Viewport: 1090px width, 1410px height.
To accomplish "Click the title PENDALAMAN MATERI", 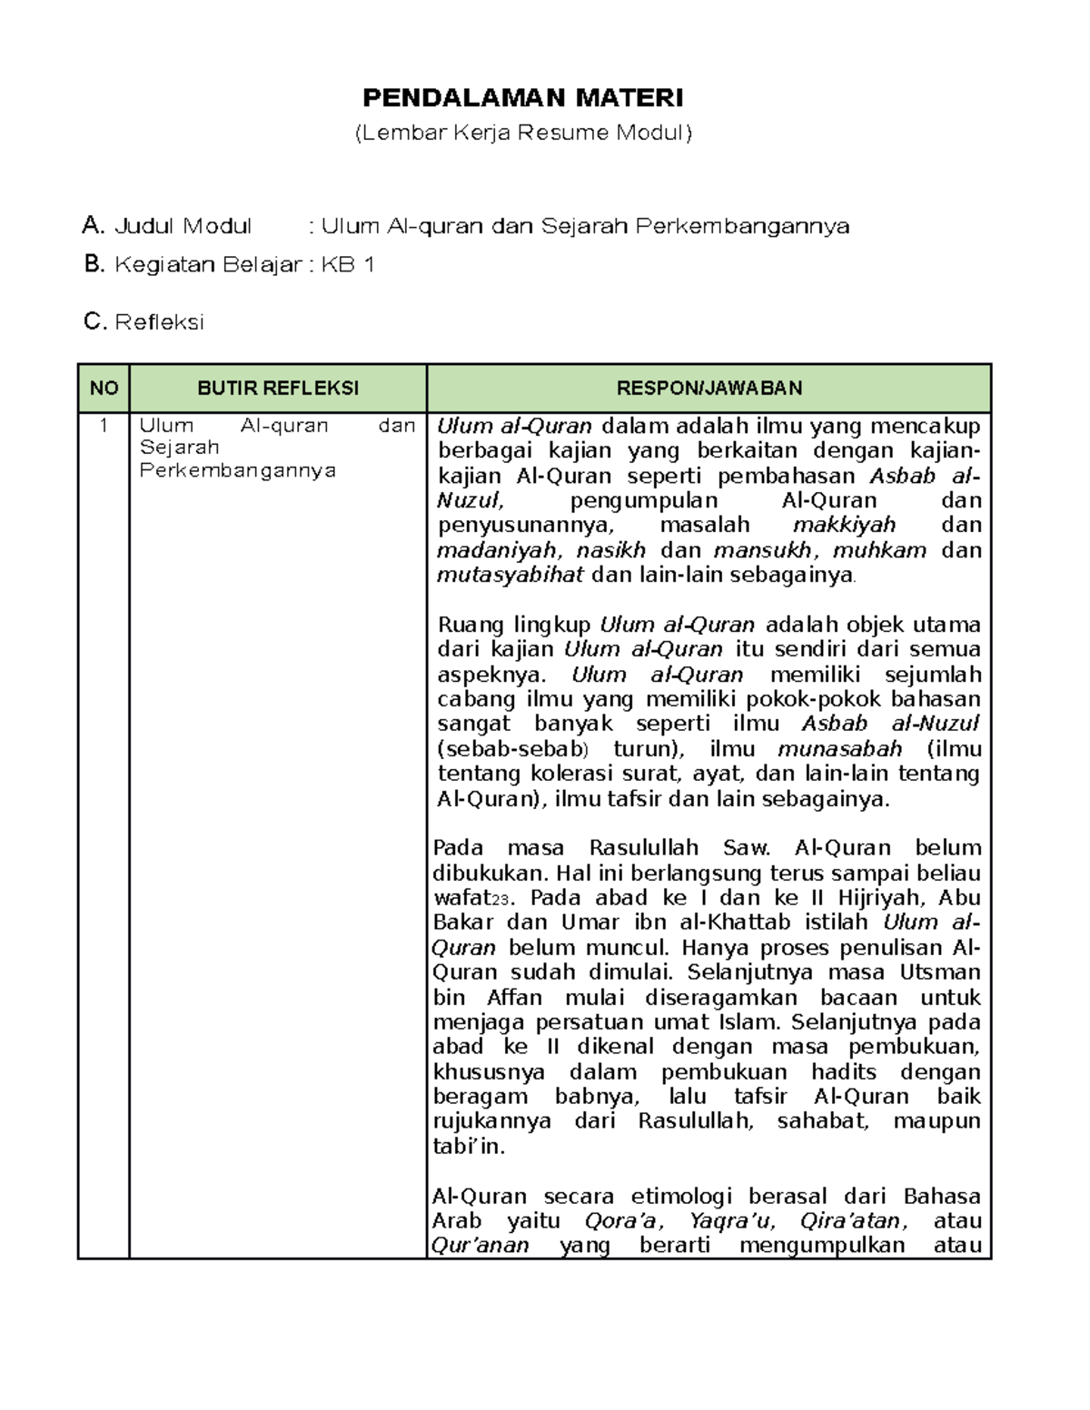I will tap(523, 97).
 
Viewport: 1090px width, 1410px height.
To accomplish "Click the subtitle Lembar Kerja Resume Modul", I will tap(523, 133).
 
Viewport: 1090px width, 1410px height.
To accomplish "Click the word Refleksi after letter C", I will tap(159, 321).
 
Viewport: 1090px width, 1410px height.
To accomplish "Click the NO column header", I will tap(104, 389).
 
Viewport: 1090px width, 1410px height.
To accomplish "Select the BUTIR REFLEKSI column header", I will tap(278, 389).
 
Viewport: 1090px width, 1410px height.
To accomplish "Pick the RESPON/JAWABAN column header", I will tap(708, 389).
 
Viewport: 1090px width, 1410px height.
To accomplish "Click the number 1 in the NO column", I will tap(104, 426).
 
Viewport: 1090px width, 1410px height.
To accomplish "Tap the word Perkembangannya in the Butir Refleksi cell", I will tap(238, 470).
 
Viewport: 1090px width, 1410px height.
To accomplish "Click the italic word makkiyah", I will tap(844, 525).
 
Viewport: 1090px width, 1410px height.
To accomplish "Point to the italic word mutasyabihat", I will tap(510, 575).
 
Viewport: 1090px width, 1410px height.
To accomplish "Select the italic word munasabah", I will tap(839, 749).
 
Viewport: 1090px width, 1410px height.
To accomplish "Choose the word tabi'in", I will tap(467, 1147).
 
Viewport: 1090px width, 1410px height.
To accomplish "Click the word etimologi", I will tap(683, 1196).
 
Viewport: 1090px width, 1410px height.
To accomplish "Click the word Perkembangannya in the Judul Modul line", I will tap(742, 225).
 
